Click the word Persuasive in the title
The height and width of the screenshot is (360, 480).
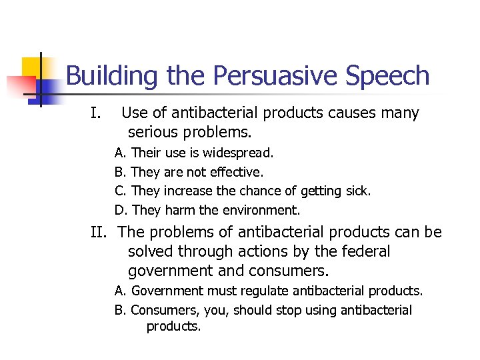(x=277, y=76)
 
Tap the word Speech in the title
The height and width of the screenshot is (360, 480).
(x=389, y=76)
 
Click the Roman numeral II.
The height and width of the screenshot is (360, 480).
(x=99, y=233)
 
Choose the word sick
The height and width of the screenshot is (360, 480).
(x=357, y=191)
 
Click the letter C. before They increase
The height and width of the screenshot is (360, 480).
(x=120, y=191)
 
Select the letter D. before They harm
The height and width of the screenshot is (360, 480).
(x=121, y=211)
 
